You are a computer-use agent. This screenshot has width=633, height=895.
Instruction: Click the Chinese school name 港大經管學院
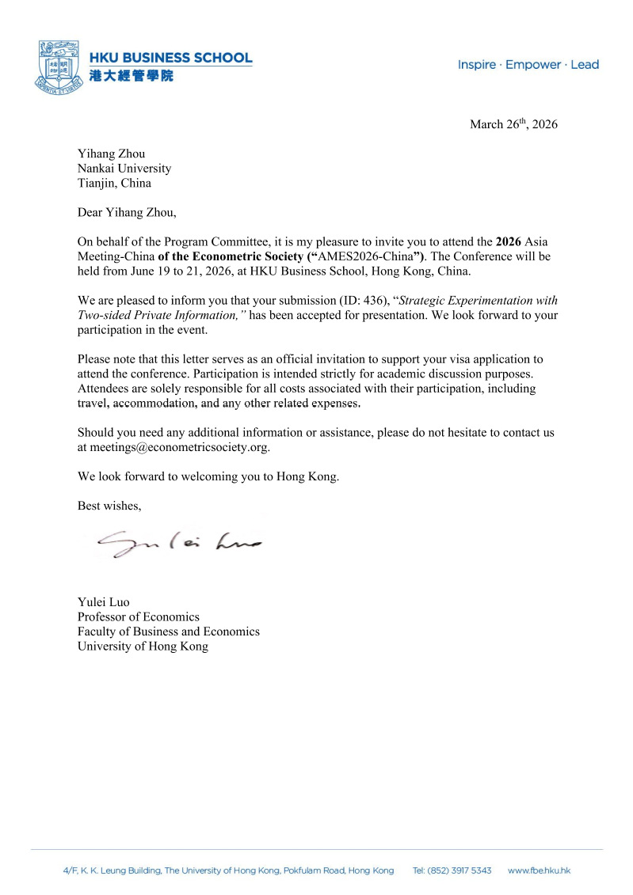point(131,76)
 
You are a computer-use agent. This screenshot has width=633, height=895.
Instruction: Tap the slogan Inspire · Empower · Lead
point(528,65)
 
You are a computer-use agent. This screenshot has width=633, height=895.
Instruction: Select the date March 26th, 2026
point(513,124)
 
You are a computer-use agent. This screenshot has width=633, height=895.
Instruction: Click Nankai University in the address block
point(124,169)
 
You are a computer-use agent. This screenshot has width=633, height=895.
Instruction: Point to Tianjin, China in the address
point(114,184)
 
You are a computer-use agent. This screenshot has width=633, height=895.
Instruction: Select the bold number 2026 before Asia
point(509,241)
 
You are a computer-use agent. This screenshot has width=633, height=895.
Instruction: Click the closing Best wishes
point(109,505)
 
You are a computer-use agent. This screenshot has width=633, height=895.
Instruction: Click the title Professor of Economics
point(138,616)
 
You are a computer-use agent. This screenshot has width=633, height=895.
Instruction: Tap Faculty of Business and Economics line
point(168,631)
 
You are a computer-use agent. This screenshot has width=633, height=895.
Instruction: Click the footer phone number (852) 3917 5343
point(452,870)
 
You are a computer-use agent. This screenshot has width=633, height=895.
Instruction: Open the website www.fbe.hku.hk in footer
point(539,870)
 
